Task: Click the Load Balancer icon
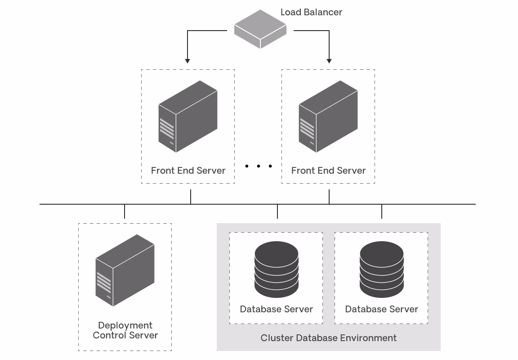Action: (x=260, y=30)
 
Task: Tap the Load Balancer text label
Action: (x=311, y=12)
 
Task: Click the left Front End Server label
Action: (x=188, y=171)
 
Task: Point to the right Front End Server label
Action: (x=328, y=171)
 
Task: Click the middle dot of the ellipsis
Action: (x=259, y=166)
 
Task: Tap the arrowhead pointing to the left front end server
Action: (x=188, y=60)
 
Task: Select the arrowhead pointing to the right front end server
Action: (x=329, y=60)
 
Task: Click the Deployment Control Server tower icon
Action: (x=125, y=270)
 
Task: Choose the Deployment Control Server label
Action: (x=125, y=330)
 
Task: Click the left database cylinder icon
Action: (x=276, y=269)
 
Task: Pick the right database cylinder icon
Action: (x=381, y=269)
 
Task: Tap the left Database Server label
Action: (x=276, y=309)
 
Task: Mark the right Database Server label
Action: (x=381, y=309)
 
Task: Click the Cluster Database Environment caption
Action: (x=328, y=338)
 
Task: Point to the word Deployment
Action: (x=125, y=325)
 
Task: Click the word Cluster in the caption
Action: (x=276, y=338)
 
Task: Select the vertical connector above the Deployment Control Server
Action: (x=125, y=211)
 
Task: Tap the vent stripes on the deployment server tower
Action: (x=104, y=282)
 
